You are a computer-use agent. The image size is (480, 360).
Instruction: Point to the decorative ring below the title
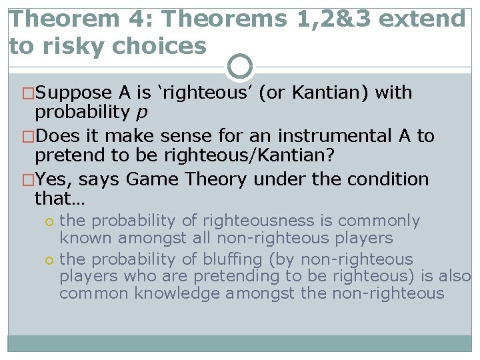[x=240, y=67]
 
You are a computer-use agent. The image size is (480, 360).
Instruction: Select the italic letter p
[x=141, y=111]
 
